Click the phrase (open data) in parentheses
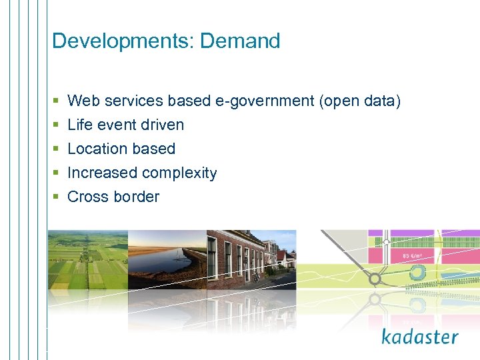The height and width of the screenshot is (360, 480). (x=360, y=101)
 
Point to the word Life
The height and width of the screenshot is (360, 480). (x=80, y=125)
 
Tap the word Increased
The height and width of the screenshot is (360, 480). (x=102, y=173)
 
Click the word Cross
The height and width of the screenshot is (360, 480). (x=88, y=197)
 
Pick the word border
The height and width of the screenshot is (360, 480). (x=137, y=197)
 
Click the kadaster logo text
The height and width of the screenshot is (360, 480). (x=420, y=337)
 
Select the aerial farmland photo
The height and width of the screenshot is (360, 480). (x=87, y=260)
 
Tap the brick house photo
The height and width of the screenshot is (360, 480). (x=250, y=257)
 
